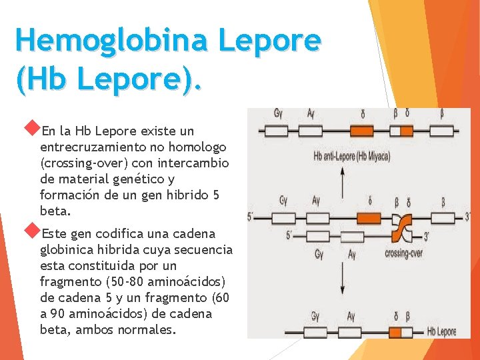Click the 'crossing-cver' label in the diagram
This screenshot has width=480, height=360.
403,253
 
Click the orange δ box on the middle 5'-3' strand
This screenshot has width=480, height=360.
368,217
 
